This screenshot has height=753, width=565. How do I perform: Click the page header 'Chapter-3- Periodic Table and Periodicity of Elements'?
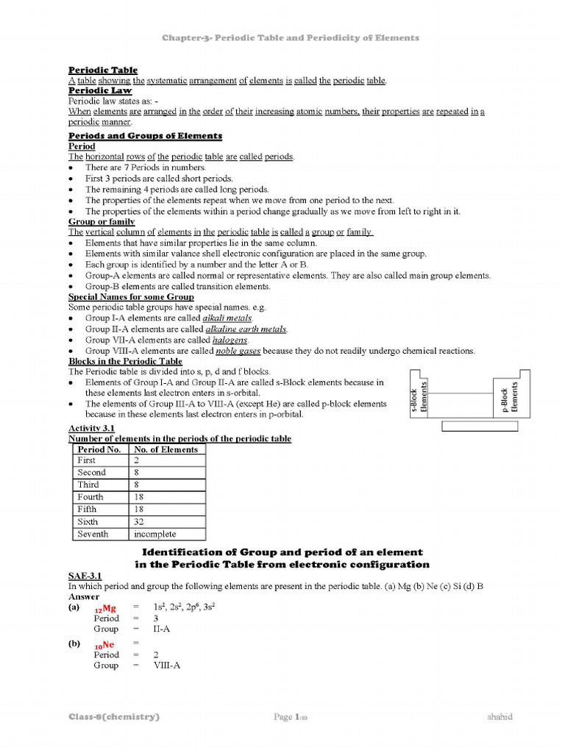tap(290, 38)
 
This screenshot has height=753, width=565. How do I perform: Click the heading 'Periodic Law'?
tap(100, 90)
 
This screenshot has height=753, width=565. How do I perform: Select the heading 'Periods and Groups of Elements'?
tap(145, 136)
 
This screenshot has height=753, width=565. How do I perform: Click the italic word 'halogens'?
tap(230, 340)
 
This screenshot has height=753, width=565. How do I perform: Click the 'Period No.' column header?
tap(99, 449)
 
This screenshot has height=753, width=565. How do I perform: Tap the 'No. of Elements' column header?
tap(166, 449)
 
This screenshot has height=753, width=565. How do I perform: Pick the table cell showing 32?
tap(139, 522)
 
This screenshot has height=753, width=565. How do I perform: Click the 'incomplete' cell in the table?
tap(154, 535)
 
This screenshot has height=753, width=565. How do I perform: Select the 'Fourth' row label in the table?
tap(90, 497)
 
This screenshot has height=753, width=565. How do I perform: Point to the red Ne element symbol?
tap(104, 645)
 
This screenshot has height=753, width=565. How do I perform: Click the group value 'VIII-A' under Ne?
tap(166, 665)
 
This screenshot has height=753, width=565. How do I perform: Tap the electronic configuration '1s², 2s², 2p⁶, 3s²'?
tap(184, 607)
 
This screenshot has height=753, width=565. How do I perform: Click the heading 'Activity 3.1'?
tap(90, 428)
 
